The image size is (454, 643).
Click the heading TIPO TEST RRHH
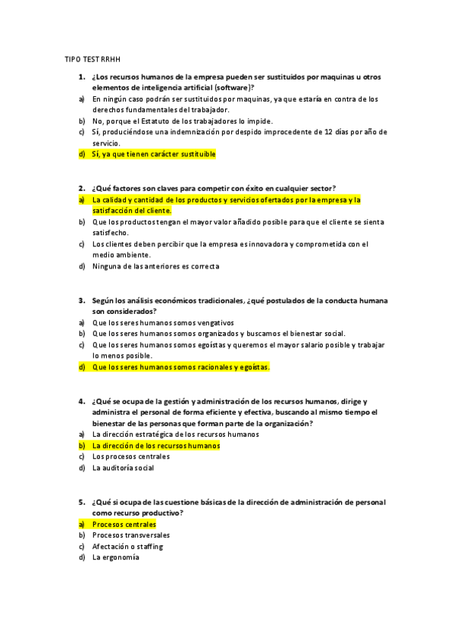tap(93, 58)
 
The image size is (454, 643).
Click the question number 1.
tap(80, 77)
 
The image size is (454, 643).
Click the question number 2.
tap(80, 188)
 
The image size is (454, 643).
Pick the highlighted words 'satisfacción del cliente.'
tap(132, 210)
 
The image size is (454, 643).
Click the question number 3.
tap(80, 300)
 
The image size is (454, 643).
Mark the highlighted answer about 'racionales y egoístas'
tap(180, 367)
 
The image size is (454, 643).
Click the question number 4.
tap(80, 401)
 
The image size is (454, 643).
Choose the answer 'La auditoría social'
tap(123, 468)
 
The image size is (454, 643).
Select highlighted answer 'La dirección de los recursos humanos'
tap(155, 446)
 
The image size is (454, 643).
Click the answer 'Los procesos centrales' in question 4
tap(130, 456)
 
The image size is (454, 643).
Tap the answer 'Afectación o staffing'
tap(127, 546)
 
